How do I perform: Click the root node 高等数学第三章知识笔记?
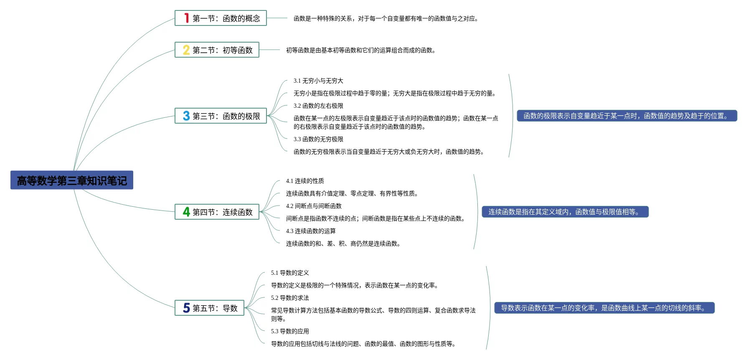tap(72, 180)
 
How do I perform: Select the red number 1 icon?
tap(187, 18)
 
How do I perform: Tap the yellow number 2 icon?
tap(186, 50)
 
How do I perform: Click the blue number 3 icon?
tap(186, 116)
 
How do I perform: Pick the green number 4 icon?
tap(186, 212)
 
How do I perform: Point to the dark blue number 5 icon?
tap(186, 308)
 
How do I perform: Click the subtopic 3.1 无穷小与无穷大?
tap(318, 81)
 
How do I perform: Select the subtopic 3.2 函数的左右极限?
tap(318, 106)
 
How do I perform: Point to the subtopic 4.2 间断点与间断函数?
tap(314, 206)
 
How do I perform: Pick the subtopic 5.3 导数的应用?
tap(290, 331)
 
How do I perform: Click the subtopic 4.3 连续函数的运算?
tap(311, 231)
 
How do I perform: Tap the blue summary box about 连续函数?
tap(565, 212)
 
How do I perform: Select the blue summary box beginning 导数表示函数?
tap(604, 308)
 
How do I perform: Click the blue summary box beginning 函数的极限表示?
tap(627, 116)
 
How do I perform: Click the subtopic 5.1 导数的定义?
tap(290, 273)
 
